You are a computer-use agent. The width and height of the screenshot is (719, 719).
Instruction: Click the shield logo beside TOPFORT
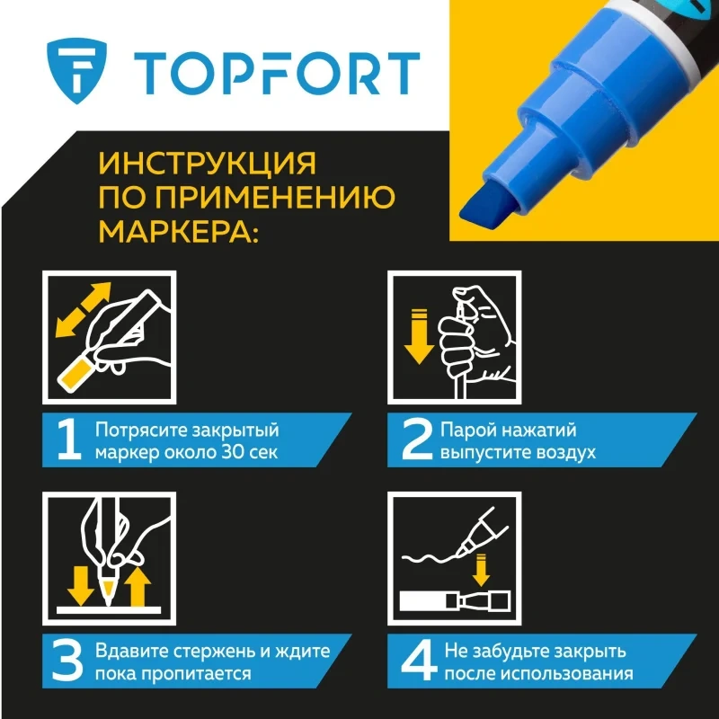click(76, 71)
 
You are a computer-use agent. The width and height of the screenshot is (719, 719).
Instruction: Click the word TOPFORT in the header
click(277, 74)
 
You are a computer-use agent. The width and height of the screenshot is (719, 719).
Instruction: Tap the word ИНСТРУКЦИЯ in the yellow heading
click(208, 164)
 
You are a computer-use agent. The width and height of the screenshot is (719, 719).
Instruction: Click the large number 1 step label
click(68, 439)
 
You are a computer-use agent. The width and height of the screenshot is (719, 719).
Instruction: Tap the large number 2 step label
click(417, 439)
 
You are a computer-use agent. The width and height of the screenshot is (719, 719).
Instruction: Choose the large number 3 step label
click(67, 661)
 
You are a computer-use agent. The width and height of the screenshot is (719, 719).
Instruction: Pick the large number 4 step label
click(419, 661)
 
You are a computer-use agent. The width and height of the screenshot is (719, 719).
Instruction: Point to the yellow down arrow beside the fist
click(419, 336)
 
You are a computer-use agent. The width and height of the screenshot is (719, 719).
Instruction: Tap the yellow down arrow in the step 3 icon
click(81, 586)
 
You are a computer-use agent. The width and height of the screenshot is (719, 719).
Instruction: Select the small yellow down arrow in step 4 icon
click(481, 570)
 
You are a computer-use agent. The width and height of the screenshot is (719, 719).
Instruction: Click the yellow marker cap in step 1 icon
click(75, 375)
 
